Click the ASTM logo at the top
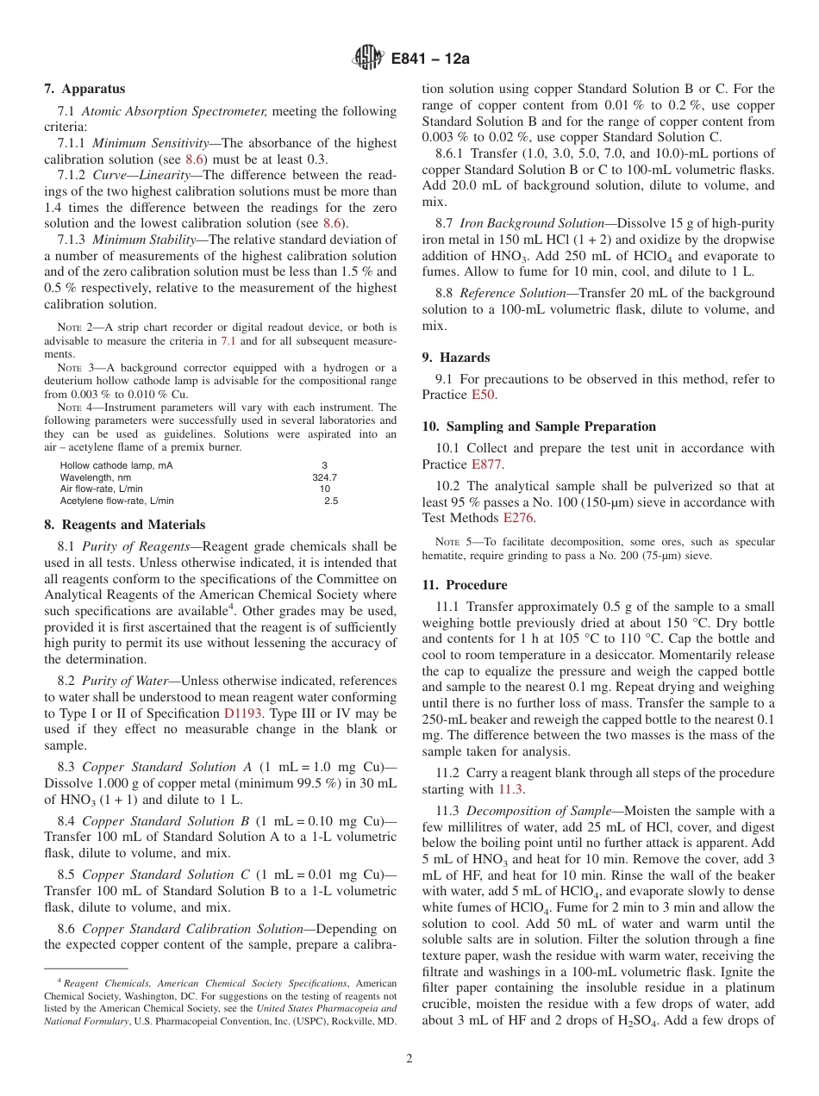click(x=368, y=59)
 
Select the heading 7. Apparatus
click(x=84, y=89)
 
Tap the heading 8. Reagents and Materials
click(x=124, y=525)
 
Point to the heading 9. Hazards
click(x=455, y=358)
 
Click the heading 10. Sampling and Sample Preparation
click(x=539, y=427)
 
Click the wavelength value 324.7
click(x=324, y=476)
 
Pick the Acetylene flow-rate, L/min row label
click(x=116, y=501)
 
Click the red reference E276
click(x=518, y=518)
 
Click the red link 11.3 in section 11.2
click(x=510, y=789)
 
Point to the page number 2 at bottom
click(x=409, y=1059)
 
